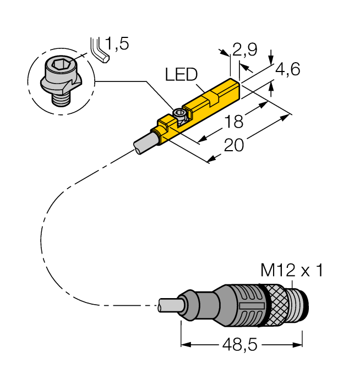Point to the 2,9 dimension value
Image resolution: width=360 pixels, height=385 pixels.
coord(244,51)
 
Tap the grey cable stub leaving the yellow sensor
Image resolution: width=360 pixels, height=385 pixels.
coord(144,141)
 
